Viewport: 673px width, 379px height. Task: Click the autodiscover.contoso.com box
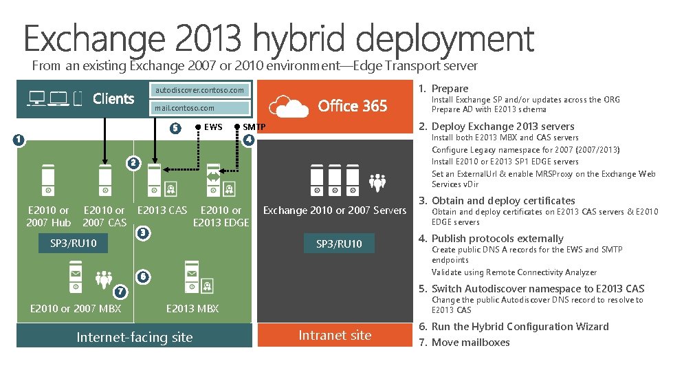(x=199, y=90)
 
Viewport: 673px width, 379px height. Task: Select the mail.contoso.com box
(x=199, y=108)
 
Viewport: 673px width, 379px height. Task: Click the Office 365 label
(x=353, y=106)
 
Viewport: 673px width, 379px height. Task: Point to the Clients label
(x=113, y=98)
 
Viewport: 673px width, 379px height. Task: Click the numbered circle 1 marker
(x=19, y=140)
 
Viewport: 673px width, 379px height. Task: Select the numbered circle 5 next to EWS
(x=175, y=127)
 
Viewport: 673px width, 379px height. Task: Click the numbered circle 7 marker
(x=120, y=292)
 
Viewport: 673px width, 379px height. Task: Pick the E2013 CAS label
(x=162, y=210)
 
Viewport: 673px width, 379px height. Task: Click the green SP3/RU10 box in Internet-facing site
(x=74, y=243)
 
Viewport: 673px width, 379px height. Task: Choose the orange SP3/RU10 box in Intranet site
(x=339, y=243)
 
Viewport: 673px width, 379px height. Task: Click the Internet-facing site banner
(x=135, y=337)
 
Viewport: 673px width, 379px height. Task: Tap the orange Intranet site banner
(x=335, y=336)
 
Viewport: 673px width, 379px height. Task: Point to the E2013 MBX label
(x=192, y=309)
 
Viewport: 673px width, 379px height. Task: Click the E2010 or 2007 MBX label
(x=76, y=309)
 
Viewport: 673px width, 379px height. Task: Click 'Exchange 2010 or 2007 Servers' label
(x=335, y=210)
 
